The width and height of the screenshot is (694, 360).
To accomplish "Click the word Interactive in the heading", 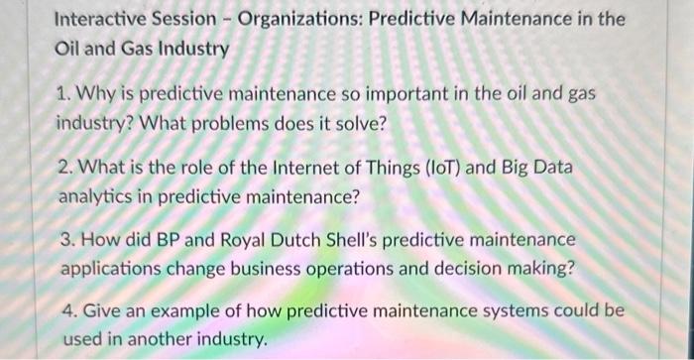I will (x=101, y=20).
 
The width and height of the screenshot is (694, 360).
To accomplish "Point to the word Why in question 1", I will (x=94, y=95).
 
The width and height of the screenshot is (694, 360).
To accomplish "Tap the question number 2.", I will (x=62, y=169).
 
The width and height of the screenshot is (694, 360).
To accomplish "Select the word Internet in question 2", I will (x=304, y=169).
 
